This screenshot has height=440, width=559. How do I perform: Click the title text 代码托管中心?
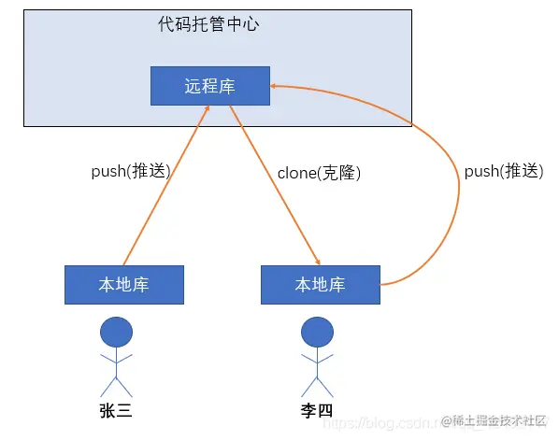(208, 25)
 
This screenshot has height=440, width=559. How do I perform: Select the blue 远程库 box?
(209, 86)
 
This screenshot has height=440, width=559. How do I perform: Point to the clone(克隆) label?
(319, 173)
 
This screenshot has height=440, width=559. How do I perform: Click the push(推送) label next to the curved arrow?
(503, 171)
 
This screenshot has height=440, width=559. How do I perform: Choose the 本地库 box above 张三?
(124, 285)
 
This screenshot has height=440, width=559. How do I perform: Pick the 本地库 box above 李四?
(320, 285)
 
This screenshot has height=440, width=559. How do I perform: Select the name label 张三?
(116, 411)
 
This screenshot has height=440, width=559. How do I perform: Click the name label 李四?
(317, 411)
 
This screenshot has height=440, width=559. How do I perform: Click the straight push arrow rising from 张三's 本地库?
(165, 187)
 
